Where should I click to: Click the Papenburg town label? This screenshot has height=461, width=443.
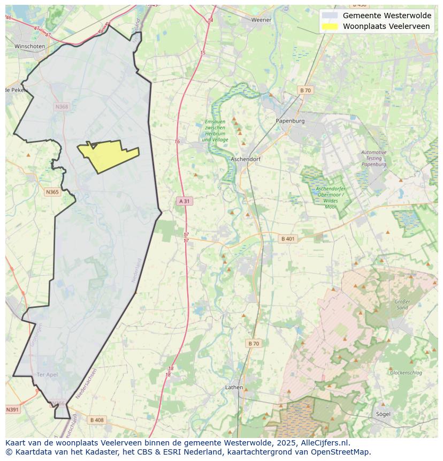pyautogui.click(x=290, y=121)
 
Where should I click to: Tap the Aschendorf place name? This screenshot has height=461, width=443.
pyautogui.click(x=245, y=160)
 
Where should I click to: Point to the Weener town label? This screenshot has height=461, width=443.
pyautogui.click(x=262, y=20)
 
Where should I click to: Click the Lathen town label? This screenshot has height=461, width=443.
pyautogui.click(x=234, y=387)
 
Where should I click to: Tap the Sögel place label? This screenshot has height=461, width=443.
pyautogui.click(x=383, y=414)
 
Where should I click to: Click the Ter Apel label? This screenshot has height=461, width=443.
pyautogui.click(x=47, y=374)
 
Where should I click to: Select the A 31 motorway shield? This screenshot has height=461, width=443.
pyautogui.click(x=184, y=201)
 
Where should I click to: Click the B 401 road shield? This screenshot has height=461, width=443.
pyautogui.click(x=288, y=239)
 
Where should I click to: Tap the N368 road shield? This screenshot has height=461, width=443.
pyautogui.click(x=62, y=107)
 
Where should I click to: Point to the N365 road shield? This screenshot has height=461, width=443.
pyautogui.click(x=52, y=192)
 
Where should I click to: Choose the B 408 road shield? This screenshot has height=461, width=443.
pyautogui.click(x=97, y=420)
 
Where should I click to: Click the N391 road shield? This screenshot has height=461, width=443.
pyautogui.click(x=12, y=410)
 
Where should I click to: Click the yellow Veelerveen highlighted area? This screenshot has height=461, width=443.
pyautogui.click(x=110, y=154)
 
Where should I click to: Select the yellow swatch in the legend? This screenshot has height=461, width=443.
pyautogui.click(x=330, y=26)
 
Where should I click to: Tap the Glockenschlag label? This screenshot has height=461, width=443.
pyautogui.click(x=406, y=373)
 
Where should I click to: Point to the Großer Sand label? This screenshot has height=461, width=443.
pyautogui.click(x=402, y=305)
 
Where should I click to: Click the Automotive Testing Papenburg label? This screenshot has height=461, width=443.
pyautogui.click(x=373, y=158)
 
